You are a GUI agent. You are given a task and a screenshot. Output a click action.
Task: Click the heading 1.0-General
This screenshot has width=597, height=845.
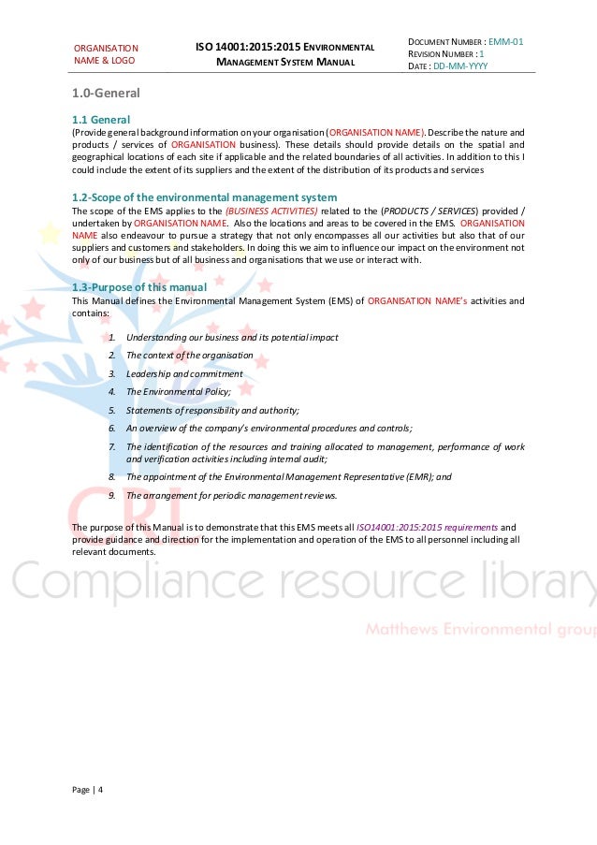(x=106, y=94)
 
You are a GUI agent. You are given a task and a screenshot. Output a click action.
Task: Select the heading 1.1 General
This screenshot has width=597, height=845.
(x=101, y=120)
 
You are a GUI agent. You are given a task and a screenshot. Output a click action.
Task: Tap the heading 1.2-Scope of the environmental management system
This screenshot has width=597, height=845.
(x=204, y=197)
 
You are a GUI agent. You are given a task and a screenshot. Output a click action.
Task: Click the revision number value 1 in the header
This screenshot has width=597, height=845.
(x=482, y=54)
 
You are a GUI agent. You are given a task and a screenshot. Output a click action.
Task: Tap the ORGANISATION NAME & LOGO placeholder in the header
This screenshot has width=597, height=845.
(x=106, y=54)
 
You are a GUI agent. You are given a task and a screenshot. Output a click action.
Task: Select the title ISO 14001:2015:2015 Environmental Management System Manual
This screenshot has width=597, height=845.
(x=284, y=54)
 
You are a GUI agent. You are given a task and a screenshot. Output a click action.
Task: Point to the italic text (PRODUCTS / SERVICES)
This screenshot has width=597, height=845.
(x=427, y=211)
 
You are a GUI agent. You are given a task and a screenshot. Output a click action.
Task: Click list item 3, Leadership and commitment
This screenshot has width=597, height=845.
(x=183, y=373)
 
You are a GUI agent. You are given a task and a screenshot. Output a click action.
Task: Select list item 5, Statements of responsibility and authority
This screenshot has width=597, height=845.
(x=212, y=410)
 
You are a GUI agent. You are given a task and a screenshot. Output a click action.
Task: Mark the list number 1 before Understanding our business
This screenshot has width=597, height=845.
(x=111, y=338)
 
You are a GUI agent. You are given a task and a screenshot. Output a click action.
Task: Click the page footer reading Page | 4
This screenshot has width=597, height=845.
(x=88, y=788)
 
